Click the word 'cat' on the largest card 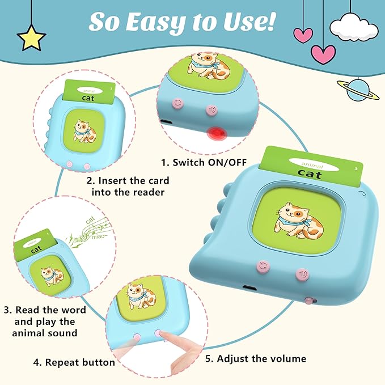point(310,174)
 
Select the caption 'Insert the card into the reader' point(128,186)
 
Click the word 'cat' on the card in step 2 point(87,98)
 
